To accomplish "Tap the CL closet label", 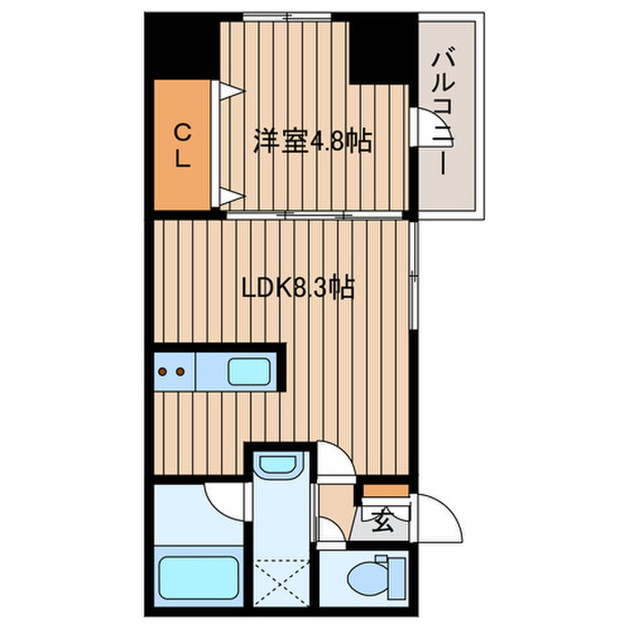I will (182, 146).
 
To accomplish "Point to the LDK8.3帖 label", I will (297, 288).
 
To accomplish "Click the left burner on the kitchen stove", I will (165, 370).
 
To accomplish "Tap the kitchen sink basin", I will (244, 370).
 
